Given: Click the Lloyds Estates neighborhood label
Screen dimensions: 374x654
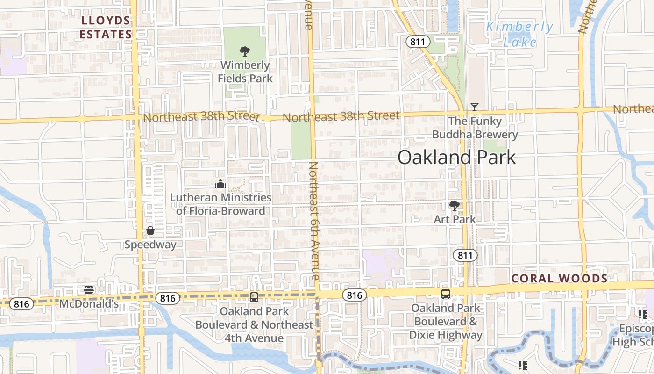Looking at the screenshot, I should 106,28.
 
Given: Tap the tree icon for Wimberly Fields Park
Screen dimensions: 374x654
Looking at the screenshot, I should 244,51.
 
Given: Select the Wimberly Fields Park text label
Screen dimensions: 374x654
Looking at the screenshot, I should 245,72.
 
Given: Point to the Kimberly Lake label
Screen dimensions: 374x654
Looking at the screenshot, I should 519,34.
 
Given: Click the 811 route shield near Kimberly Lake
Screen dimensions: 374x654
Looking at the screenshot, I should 416,42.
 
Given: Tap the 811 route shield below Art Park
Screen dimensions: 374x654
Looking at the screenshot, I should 465,255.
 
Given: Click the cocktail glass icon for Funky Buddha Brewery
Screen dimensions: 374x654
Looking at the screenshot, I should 475,107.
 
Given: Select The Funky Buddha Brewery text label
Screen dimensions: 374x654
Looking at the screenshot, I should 475,128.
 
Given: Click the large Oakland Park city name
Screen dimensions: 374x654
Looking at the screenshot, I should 456,158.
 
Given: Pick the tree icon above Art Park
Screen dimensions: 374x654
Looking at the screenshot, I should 454,205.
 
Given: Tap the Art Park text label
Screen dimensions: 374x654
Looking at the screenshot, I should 455,219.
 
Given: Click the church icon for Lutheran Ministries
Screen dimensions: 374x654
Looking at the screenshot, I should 220,184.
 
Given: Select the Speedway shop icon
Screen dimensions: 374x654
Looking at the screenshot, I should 150,230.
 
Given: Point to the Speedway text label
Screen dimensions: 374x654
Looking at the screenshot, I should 150,245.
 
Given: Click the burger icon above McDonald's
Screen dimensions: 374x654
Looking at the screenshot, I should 89,290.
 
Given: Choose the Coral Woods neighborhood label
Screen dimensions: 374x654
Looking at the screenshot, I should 559,279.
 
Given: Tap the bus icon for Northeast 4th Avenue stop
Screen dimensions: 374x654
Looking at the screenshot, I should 254,297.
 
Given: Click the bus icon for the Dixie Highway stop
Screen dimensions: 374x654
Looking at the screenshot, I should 446,294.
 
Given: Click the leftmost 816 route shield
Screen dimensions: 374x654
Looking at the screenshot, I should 21,304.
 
